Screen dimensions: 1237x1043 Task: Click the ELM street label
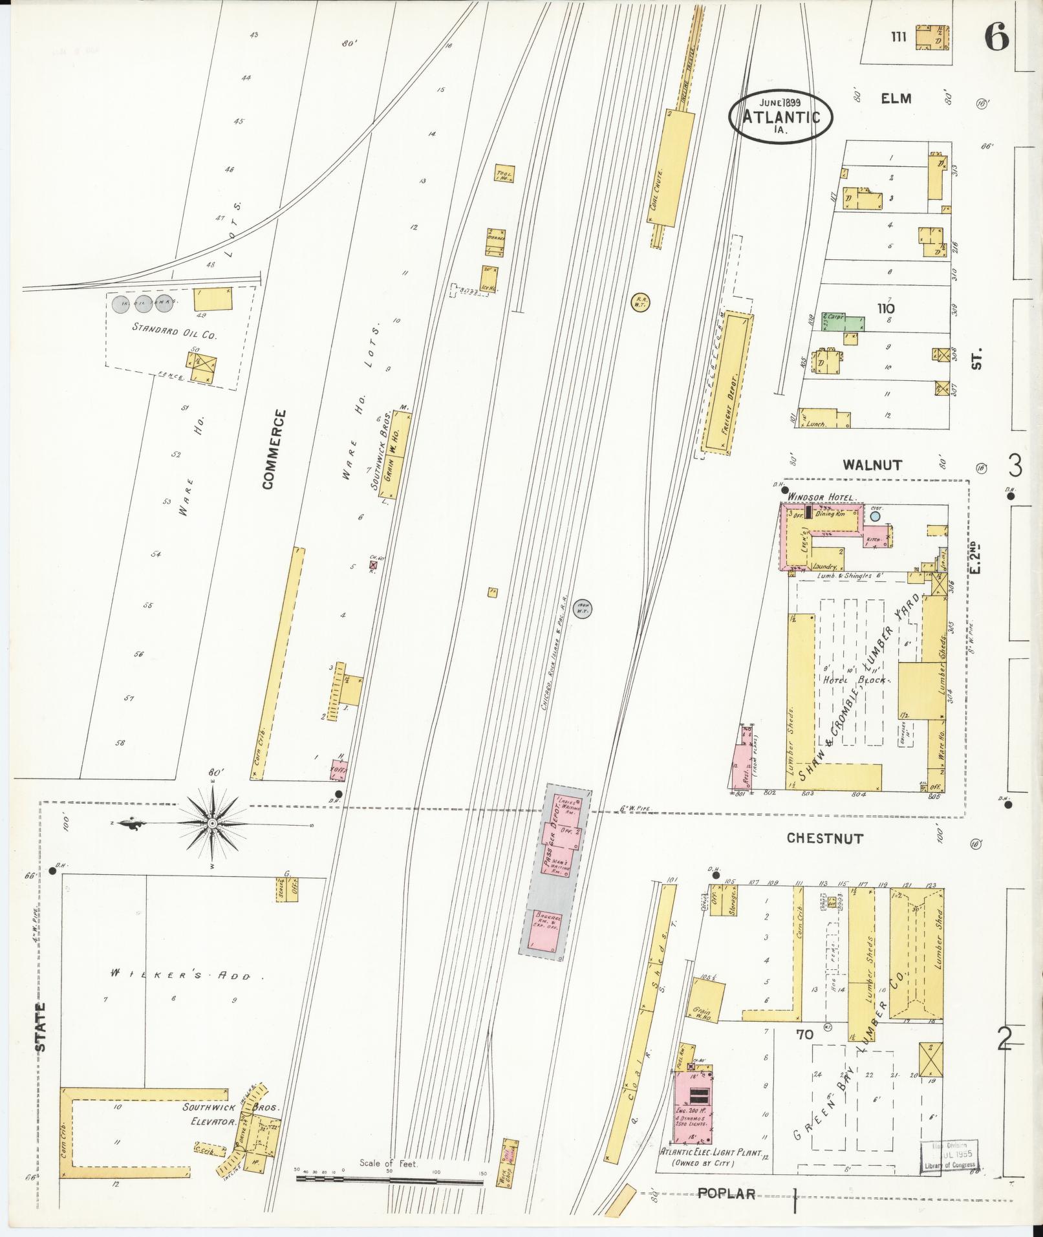(x=896, y=99)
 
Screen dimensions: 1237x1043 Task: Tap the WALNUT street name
(x=872, y=465)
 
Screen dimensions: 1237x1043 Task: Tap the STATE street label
(x=41, y=1027)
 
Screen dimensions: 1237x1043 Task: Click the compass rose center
(x=212, y=823)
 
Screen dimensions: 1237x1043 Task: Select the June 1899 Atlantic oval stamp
(x=780, y=116)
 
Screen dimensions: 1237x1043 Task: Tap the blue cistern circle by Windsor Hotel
(x=875, y=517)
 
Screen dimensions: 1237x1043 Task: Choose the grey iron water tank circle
(x=584, y=608)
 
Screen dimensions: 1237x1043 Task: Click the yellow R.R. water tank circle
(x=640, y=301)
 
